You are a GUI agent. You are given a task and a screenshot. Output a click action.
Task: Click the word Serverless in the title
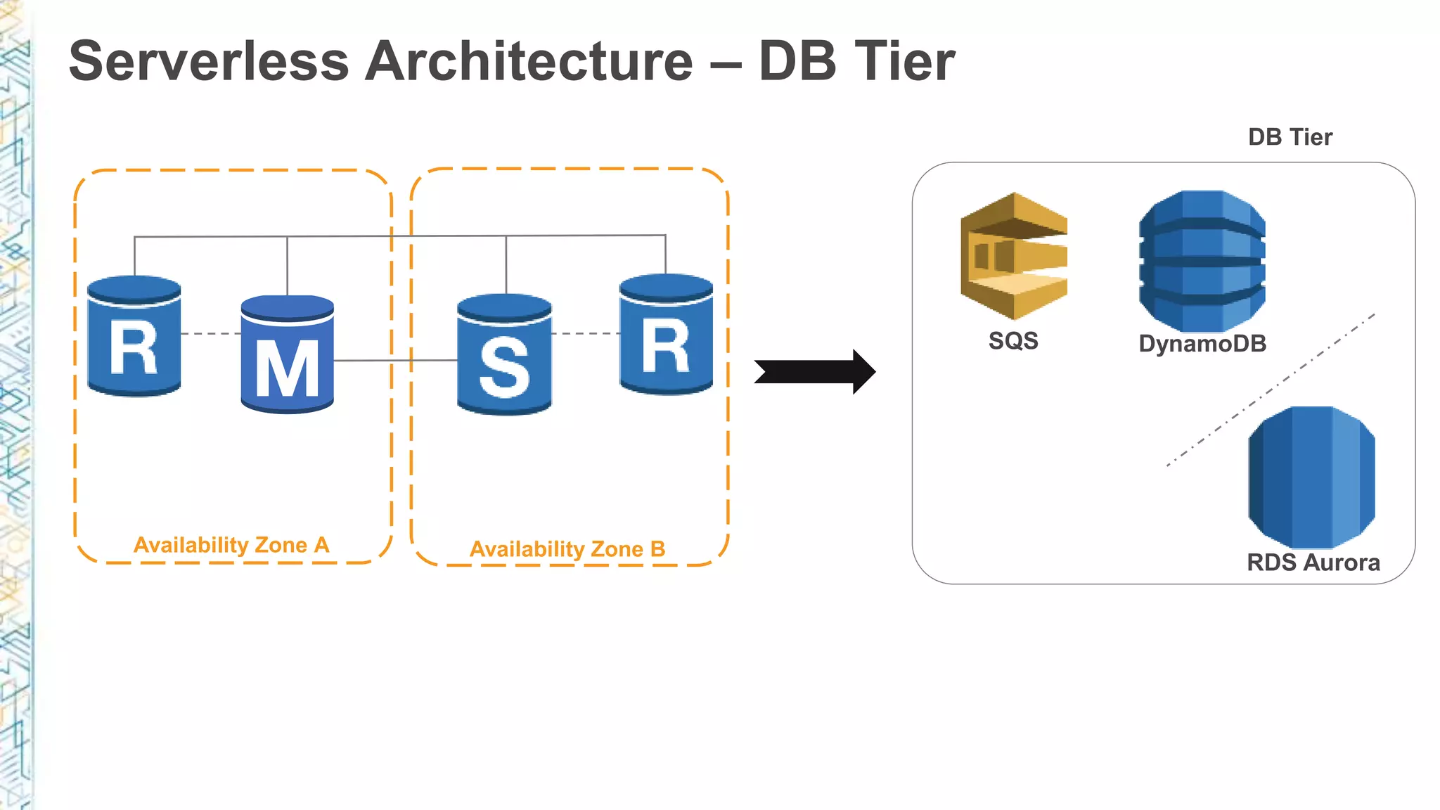coord(209,61)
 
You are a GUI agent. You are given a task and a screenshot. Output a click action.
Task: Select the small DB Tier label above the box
coord(1290,137)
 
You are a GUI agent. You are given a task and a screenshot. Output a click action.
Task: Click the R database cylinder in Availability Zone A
coord(134,336)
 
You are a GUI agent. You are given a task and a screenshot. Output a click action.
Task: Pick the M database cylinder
coord(287,355)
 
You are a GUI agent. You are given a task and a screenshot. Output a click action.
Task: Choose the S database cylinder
coord(504,355)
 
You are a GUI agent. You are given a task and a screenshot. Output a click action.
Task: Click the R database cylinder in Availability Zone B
coord(666,335)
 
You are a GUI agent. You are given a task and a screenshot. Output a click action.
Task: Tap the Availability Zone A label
coord(231,545)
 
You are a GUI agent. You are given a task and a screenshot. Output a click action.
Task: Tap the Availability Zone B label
coord(567,549)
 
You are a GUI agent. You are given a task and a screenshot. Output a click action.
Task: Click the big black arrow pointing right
coord(815,371)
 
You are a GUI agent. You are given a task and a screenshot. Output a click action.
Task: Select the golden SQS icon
coord(1014,257)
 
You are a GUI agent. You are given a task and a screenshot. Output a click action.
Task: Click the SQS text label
coord(1013,341)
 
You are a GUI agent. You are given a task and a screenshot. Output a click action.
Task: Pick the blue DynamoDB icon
coord(1202,261)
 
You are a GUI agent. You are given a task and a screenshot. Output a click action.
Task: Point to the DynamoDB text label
coord(1202,344)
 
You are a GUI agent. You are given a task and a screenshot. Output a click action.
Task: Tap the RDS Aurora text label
coord(1313,562)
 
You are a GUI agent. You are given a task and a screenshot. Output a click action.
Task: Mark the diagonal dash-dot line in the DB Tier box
coord(1270,390)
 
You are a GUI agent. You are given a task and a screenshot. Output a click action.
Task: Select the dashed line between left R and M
coord(211,333)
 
